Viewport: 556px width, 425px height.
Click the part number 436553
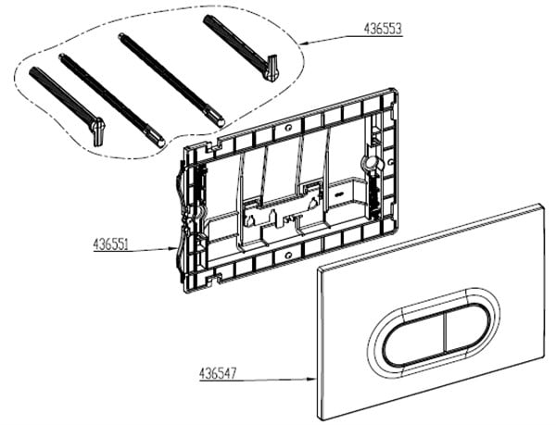click(x=383, y=29)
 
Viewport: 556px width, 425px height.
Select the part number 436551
click(x=110, y=244)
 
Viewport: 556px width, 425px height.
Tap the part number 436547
click(x=218, y=374)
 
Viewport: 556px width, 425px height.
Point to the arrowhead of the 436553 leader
click(x=303, y=44)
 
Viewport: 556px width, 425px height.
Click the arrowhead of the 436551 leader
click(x=174, y=249)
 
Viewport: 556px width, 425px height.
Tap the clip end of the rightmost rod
click(x=272, y=68)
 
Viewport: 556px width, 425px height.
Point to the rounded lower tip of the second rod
click(x=161, y=144)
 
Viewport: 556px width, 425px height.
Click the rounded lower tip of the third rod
click(x=221, y=122)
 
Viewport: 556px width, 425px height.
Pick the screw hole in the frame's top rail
click(x=289, y=127)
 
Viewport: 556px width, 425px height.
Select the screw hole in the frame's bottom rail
click(x=288, y=255)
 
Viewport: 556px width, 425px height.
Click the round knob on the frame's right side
click(x=371, y=163)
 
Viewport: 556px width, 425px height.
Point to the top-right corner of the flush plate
click(x=541, y=205)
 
